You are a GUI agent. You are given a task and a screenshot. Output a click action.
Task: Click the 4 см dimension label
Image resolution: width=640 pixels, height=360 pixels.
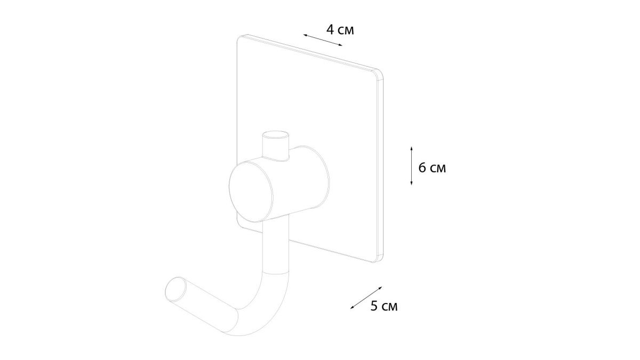(x=340, y=30)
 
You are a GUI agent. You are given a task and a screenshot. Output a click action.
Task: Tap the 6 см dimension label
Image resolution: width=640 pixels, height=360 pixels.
(x=432, y=168)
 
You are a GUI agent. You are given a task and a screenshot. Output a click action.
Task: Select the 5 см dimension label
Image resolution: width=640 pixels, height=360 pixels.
(x=383, y=306)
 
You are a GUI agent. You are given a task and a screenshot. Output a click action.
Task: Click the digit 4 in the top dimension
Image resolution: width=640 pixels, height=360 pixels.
(x=331, y=30)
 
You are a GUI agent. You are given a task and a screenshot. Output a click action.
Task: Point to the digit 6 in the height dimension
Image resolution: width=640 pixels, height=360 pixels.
(x=422, y=168)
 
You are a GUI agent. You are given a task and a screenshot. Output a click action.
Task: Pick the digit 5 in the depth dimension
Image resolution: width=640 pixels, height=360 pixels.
(x=374, y=306)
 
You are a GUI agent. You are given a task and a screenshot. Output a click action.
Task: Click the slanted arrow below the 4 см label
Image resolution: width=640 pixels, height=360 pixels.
(x=323, y=40)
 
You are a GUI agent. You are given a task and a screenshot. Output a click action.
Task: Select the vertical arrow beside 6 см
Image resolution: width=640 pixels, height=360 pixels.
(x=411, y=166)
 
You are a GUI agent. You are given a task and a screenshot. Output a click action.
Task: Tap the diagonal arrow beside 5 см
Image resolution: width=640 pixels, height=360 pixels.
(x=366, y=298)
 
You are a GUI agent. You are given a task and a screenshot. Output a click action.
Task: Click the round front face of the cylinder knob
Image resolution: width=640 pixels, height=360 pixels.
(x=251, y=191)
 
